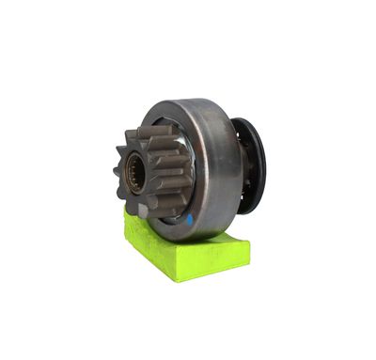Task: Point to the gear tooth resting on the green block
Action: click(x=141, y=212)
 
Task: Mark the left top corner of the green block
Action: click(x=128, y=213)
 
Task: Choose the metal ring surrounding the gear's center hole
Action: click(x=134, y=165)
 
